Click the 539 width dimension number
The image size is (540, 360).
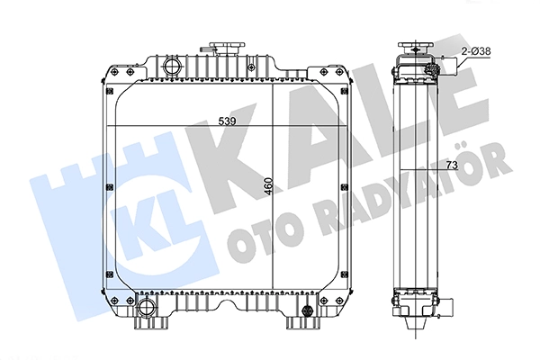click(x=228, y=121)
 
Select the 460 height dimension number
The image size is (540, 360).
click(x=268, y=186)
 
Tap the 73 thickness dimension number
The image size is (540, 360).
click(x=452, y=166)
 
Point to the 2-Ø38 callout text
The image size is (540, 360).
click(x=476, y=51)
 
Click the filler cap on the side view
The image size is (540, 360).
click(x=415, y=47)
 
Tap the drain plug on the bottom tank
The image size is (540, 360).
click(x=305, y=310)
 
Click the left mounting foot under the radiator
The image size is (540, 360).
click(x=151, y=323)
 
